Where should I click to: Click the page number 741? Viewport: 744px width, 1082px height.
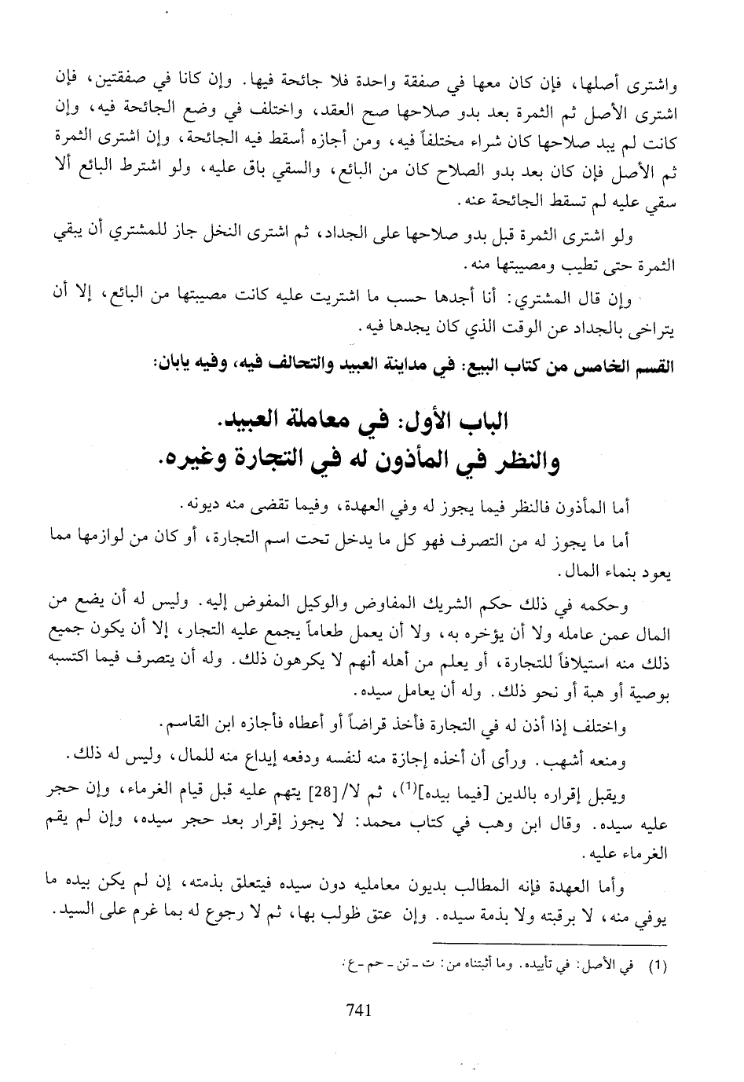click(357, 1012)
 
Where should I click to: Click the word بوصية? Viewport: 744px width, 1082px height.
click(648, 693)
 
